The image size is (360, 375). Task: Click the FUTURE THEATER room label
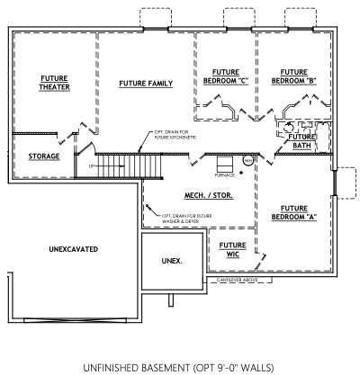[x=53, y=84]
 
